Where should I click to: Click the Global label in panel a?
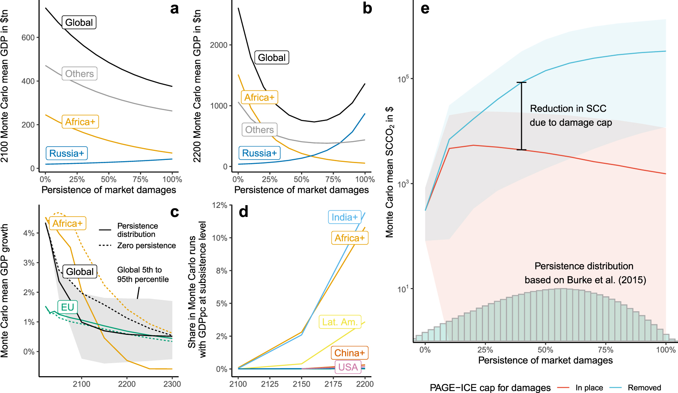(79, 22)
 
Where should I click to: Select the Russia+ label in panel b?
(259, 153)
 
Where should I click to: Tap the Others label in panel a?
(79, 73)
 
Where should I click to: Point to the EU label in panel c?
(68, 307)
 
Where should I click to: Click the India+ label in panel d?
(345, 217)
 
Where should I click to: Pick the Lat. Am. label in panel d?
(340, 322)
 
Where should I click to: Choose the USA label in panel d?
(348, 367)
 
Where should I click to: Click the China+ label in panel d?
(349, 353)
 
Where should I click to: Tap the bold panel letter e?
(425, 9)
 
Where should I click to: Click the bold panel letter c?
(175, 212)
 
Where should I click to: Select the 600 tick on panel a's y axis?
(28, 38)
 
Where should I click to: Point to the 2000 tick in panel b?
(219, 45)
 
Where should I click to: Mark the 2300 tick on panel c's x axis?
(172, 384)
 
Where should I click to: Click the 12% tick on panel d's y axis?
(220, 205)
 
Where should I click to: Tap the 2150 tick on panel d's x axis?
(301, 384)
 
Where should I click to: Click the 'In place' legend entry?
(589, 388)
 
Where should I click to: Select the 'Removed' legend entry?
(644, 388)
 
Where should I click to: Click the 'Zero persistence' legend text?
(146, 246)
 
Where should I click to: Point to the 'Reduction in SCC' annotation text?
(568, 108)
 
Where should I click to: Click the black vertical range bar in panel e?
(522, 116)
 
